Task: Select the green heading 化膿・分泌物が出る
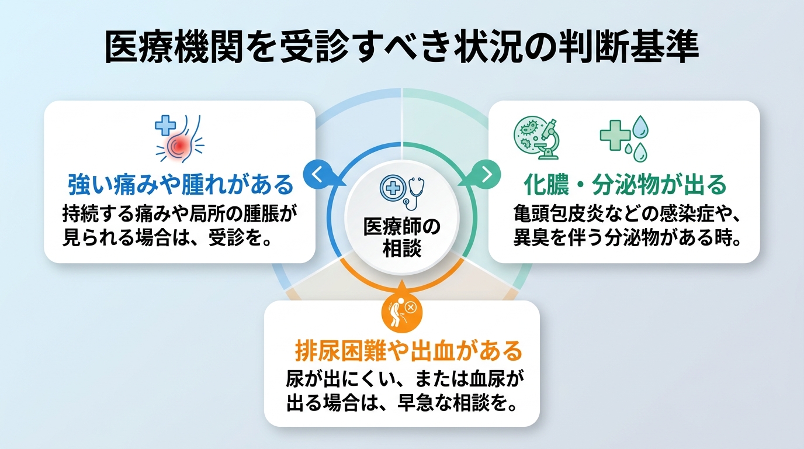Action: point(624,185)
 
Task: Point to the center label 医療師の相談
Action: point(402,236)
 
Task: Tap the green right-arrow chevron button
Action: point(487,174)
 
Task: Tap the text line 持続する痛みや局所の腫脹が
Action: point(180,215)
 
